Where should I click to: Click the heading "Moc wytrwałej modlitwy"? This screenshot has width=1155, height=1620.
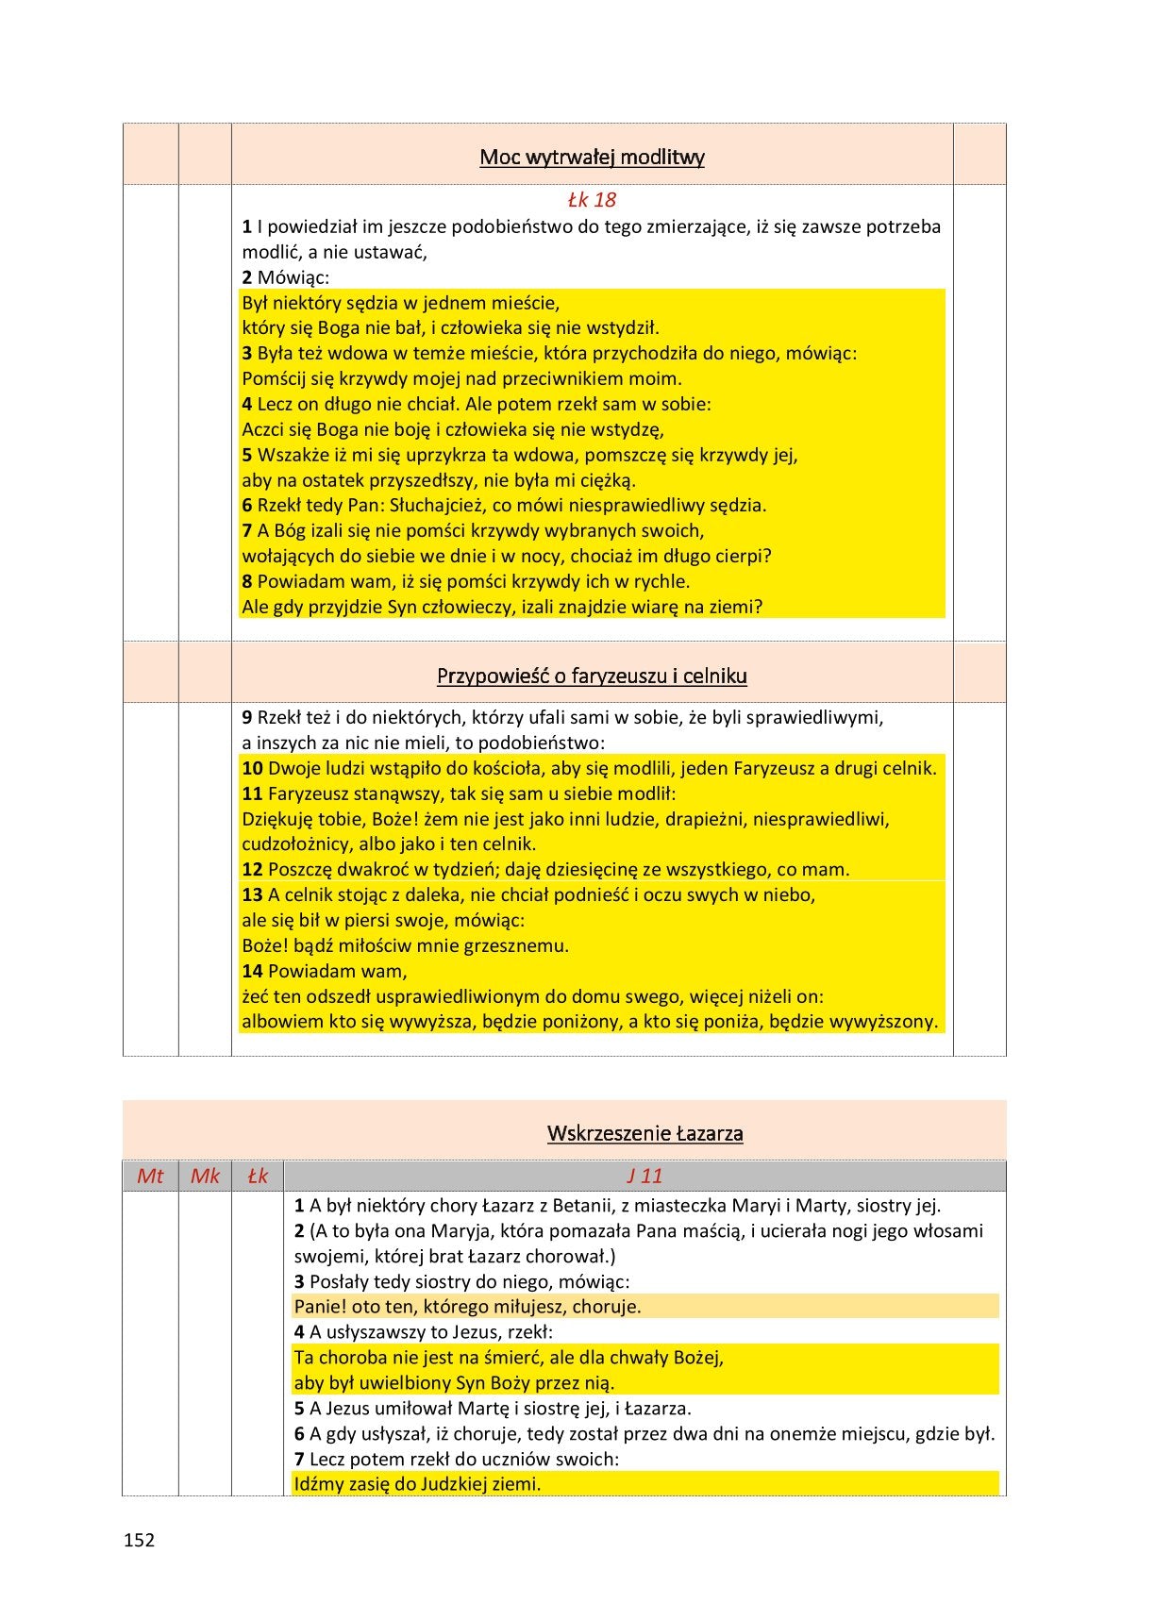pos(592,157)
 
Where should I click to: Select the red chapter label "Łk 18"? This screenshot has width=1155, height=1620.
pos(592,200)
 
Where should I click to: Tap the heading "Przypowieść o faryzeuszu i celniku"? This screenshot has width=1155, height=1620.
pos(592,676)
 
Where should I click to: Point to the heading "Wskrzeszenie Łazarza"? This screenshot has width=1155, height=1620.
pos(644,1133)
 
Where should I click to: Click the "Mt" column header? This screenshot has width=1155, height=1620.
pos(150,1176)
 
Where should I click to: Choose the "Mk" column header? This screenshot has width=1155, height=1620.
pos(205,1176)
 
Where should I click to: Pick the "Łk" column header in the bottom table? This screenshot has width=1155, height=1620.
pos(257,1176)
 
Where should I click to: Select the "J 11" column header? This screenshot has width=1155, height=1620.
pos(644,1176)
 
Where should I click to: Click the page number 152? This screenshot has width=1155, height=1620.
pos(139,1540)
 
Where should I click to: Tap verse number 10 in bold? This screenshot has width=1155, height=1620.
pos(252,768)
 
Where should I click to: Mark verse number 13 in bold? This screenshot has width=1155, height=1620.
pos(252,894)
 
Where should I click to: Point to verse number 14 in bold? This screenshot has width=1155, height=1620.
pos(252,971)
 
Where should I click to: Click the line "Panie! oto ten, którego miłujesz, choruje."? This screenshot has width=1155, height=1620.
pos(467,1307)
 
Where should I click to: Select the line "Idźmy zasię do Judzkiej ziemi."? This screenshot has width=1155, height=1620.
pos(417,1484)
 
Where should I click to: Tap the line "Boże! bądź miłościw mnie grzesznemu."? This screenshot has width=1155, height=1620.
pos(405,945)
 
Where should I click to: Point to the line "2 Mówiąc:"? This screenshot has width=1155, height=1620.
pos(285,277)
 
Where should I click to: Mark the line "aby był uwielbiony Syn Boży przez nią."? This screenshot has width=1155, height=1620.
pos(454,1383)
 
